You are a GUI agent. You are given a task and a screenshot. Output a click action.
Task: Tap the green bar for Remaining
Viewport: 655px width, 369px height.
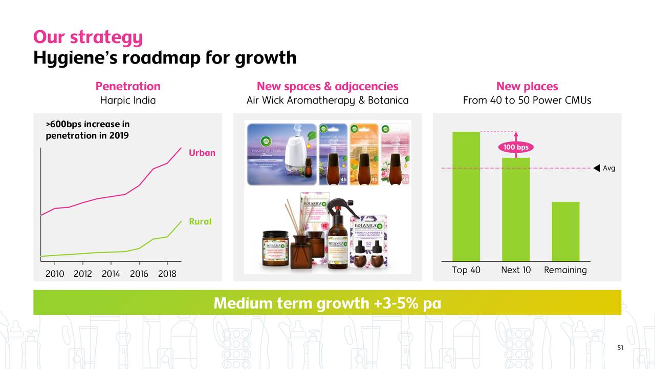tap(565, 231)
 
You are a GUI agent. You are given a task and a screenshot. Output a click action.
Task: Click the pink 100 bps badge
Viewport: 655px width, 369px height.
tap(516, 148)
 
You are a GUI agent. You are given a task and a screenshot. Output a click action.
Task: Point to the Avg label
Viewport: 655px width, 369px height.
tap(609, 168)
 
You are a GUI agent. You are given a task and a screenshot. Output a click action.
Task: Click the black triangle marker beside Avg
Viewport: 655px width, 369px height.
tap(597, 168)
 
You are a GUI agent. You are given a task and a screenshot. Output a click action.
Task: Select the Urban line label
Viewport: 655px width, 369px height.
tap(202, 153)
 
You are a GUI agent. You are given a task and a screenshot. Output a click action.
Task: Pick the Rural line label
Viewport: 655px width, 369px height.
tap(200, 221)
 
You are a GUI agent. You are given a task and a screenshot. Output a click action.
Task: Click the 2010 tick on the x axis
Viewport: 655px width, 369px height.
tap(55, 274)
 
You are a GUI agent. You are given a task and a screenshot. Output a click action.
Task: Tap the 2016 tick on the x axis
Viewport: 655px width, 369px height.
tap(139, 274)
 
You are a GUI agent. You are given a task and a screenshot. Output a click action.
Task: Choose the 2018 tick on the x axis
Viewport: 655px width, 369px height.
tap(167, 274)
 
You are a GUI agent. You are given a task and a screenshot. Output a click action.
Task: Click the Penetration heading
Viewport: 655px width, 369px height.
tap(128, 86)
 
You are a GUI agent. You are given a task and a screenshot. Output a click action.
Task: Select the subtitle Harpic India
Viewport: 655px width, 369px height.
tap(128, 100)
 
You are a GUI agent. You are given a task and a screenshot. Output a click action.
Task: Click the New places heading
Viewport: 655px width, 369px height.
tap(527, 86)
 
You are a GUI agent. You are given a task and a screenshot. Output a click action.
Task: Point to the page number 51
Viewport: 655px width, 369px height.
tap(620, 348)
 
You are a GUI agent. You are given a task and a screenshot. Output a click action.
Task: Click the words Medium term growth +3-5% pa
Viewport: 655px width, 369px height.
tap(327, 303)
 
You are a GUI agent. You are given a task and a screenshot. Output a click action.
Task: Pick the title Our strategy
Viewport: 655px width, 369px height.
tap(88, 37)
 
